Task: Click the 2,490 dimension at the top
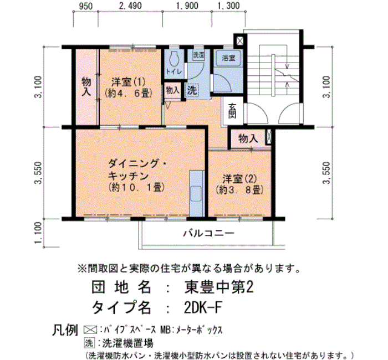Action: [x=130, y=6]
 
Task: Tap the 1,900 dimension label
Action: [x=187, y=6]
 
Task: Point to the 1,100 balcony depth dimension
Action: [x=38, y=233]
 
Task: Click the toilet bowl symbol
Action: [x=174, y=59]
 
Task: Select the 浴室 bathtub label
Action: [x=228, y=58]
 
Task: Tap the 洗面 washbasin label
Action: [x=198, y=55]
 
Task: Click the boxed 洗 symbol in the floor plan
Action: [x=192, y=90]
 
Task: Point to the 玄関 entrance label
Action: [x=232, y=111]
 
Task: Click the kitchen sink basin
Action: [x=196, y=193]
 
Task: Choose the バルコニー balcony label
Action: [x=208, y=233]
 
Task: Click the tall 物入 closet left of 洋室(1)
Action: [x=86, y=87]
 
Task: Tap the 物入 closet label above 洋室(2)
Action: [x=248, y=138]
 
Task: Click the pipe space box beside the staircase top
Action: [x=240, y=40]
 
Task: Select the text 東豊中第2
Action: [x=219, y=288]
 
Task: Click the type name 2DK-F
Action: [x=203, y=308]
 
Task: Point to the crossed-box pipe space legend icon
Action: [x=90, y=330]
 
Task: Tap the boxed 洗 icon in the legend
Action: [x=89, y=343]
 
